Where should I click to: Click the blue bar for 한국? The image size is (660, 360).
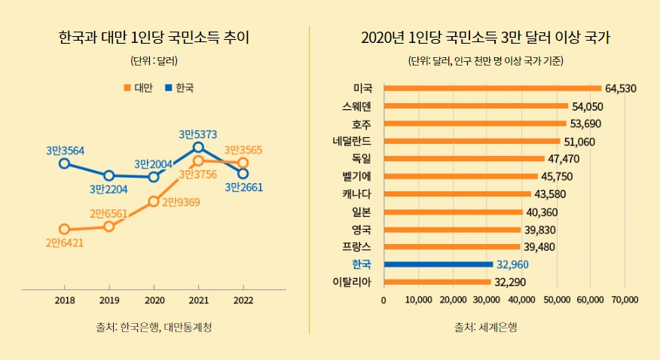pyautogui.click(x=438, y=264)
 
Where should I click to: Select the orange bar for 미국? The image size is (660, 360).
pyautogui.click(x=492, y=88)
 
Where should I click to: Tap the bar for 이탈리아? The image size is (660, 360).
pyautogui.click(x=437, y=282)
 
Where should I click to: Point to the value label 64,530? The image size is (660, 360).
pyautogui.click(x=621, y=88)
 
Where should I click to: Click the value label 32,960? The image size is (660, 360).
pyautogui.click(x=513, y=264)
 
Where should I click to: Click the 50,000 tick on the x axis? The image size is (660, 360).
pyautogui.click(x=557, y=300)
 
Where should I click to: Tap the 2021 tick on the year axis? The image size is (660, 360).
pyautogui.click(x=198, y=300)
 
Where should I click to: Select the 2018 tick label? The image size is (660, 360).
pyautogui.click(x=64, y=300)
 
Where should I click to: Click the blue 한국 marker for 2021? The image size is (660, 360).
pyautogui.click(x=198, y=148)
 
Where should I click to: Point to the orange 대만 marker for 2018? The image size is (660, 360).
pyautogui.click(x=64, y=229)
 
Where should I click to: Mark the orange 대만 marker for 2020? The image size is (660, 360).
pyautogui.click(x=154, y=201)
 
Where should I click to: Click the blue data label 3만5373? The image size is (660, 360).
pyautogui.click(x=198, y=134)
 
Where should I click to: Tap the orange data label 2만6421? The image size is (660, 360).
pyautogui.click(x=64, y=243)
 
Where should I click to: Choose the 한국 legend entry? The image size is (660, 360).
pyautogui.click(x=179, y=88)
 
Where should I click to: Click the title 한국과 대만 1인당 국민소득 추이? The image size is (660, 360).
pyautogui.click(x=153, y=38)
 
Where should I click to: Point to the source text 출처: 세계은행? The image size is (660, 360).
pyautogui.click(x=485, y=327)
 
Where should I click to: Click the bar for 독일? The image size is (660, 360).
pyautogui.click(x=464, y=159)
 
